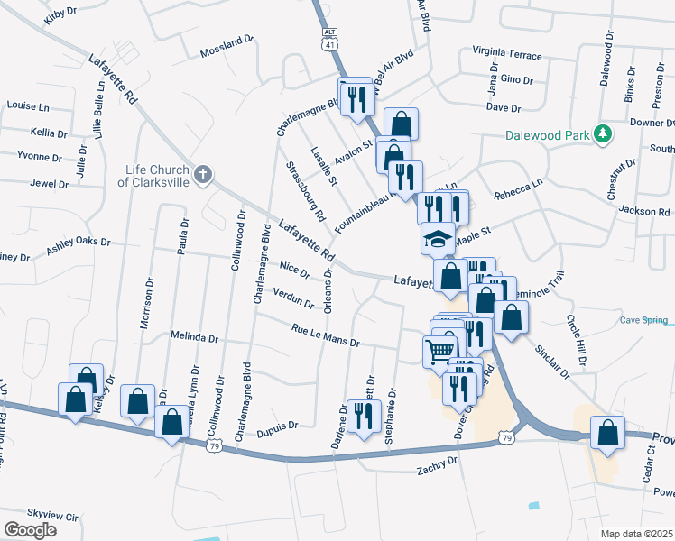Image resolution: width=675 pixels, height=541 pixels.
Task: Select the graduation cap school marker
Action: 438,239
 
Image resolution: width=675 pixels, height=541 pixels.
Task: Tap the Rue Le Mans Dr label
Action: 325,336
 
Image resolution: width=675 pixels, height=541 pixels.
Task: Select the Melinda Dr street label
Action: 195,337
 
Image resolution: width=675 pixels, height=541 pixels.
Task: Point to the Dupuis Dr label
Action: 280,426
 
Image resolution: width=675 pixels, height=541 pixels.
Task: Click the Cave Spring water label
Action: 643,321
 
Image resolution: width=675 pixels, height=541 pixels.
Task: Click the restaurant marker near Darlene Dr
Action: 364,415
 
